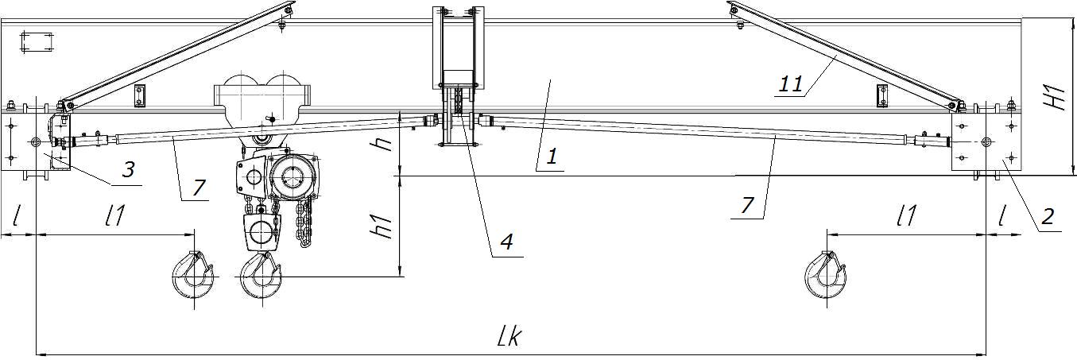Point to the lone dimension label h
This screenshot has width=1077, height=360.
(x=385, y=144)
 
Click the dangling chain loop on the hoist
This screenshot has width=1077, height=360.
(x=304, y=225)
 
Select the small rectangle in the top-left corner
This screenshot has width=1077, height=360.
(x=37, y=41)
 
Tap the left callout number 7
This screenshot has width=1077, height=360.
(x=198, y=188)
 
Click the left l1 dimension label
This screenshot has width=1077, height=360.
(x=115, y=215)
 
